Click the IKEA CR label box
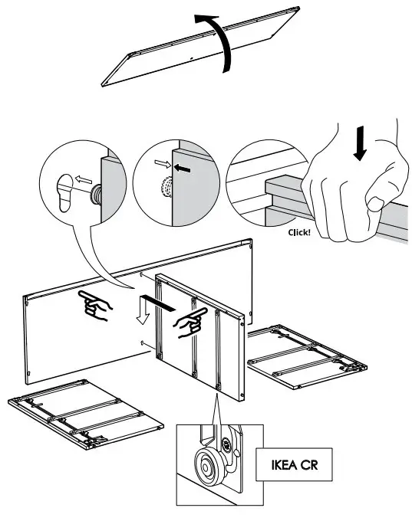296,465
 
